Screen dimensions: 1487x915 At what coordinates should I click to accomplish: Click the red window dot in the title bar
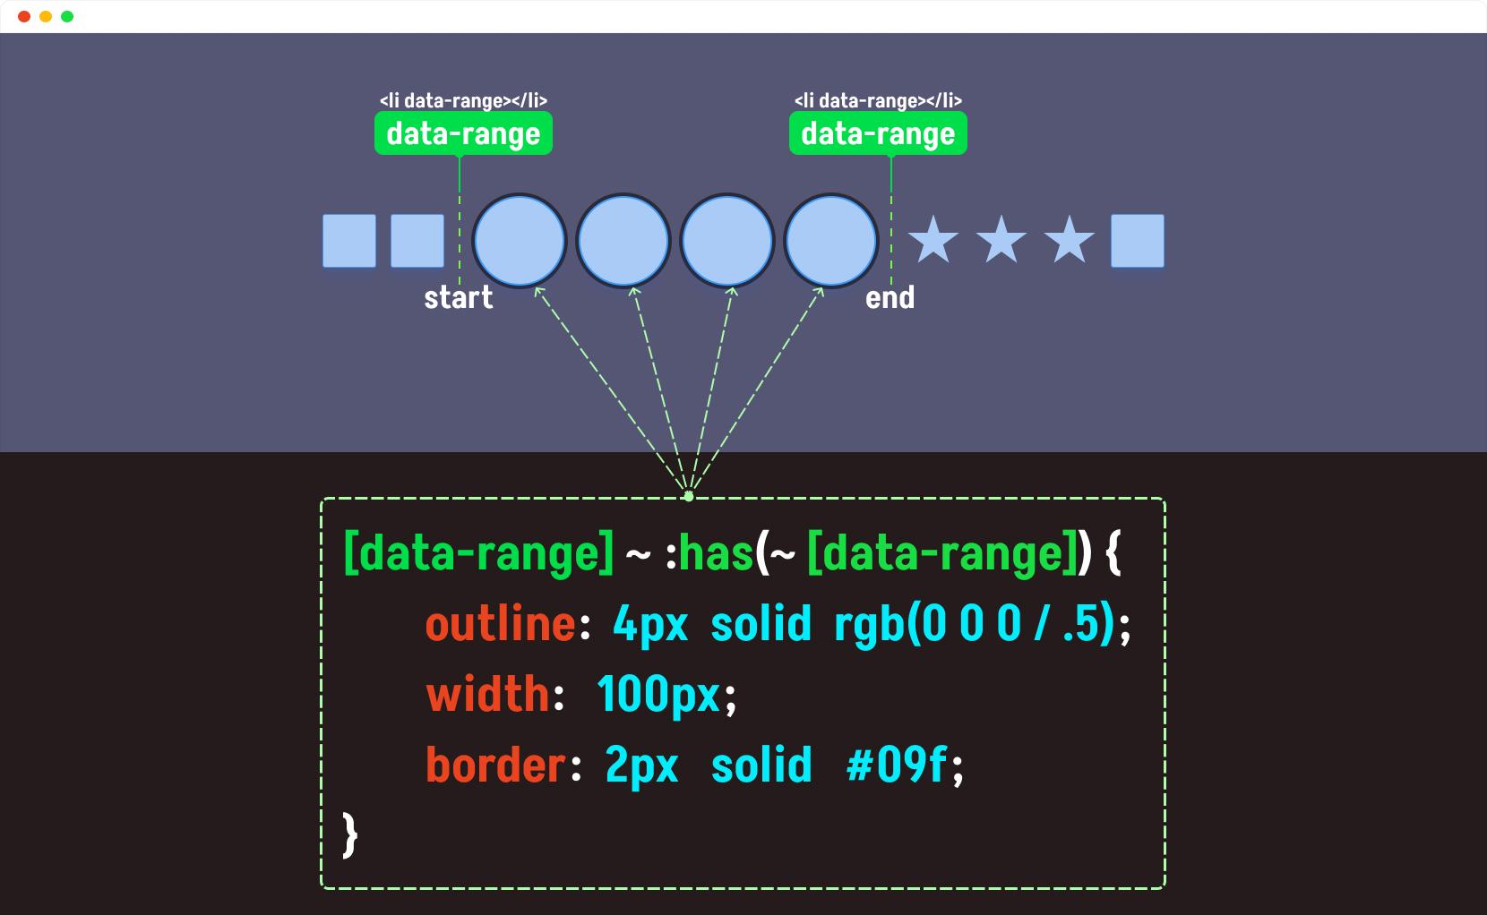click(x=24, y=17)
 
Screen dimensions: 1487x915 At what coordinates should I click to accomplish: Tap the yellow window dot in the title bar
click(x=46, y=17)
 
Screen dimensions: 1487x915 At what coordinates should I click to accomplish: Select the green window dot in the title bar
click(x=67, y=17)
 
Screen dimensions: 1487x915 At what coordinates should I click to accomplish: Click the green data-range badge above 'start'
click(x=463, y=133)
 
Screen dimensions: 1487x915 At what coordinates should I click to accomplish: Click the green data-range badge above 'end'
click(x=878, y=133)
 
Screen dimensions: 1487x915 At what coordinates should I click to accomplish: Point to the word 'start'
click(x=458, y=297)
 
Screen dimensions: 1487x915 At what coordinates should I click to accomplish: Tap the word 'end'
click(x=890, y=297)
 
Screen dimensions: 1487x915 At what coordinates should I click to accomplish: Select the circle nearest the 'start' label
click(x=520, y=240)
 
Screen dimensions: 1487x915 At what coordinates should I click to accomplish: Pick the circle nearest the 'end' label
click(x=831, y=240)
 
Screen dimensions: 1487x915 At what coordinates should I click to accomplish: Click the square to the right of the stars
click(x=1137, y=240)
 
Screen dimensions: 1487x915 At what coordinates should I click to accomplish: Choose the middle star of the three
click(x=1001, y=239)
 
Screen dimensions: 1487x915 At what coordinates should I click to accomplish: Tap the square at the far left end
click(x=349, y=240)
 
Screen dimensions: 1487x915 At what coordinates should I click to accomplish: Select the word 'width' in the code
click(x=487, y=694)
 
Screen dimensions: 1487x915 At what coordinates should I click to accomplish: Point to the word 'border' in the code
click(x=496, y=765)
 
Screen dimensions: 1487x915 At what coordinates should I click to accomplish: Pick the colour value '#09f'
click(x=897, y=765)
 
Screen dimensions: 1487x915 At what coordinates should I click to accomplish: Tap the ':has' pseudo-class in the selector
click(x=709, y=553)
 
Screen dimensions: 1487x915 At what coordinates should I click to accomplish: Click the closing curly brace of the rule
click(x=350, y=834)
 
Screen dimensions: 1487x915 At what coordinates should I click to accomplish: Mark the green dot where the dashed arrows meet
click(x=688, y=496)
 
